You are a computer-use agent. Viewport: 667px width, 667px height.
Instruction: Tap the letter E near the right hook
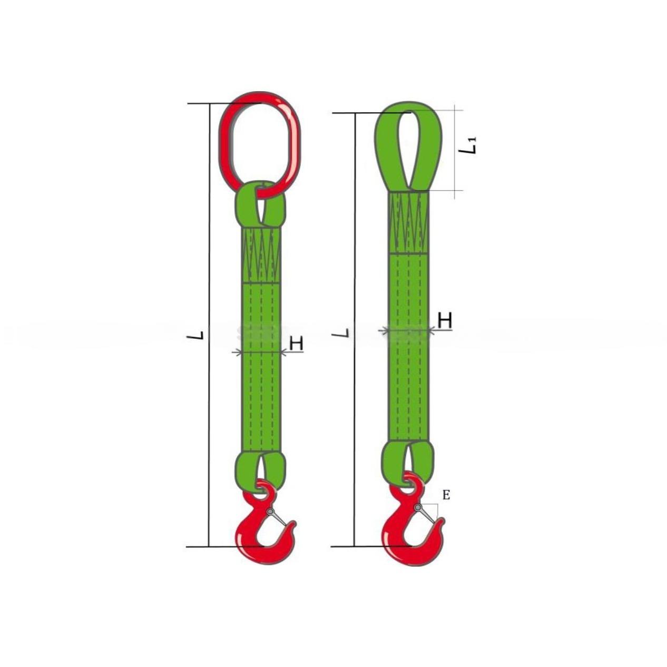[x=446, y=495]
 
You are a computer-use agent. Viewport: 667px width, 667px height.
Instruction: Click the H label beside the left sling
[x=296, y=344]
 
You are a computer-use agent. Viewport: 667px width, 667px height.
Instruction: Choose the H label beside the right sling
[x=445, y=321]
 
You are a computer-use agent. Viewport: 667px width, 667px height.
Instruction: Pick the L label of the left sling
[x=198, y=335]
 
